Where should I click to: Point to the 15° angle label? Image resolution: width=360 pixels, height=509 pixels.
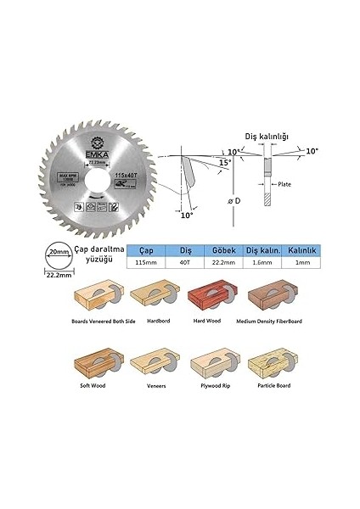(x=223, y=161)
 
